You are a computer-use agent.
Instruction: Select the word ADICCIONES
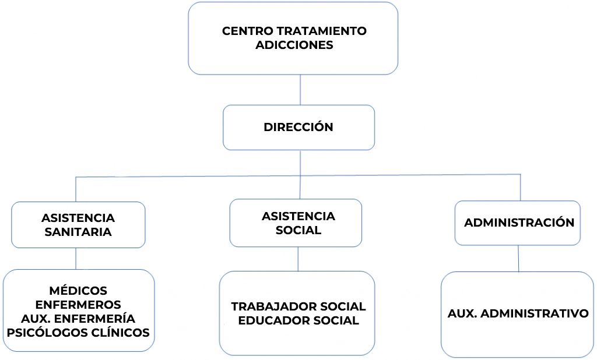294,45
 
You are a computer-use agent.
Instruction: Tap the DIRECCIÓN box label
298,127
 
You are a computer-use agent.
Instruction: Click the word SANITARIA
78,232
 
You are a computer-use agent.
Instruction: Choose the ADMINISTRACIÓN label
519,223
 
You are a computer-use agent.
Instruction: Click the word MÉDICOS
78,291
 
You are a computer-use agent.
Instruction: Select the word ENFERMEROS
78,305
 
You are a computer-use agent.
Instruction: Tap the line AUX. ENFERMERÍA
78,319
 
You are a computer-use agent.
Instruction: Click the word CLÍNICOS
121,333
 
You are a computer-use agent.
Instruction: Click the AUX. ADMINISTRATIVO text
518,313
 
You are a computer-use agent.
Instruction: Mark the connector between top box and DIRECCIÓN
300,90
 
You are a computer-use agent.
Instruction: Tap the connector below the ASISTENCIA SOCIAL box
298,259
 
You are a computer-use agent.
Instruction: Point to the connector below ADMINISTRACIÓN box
519,258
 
